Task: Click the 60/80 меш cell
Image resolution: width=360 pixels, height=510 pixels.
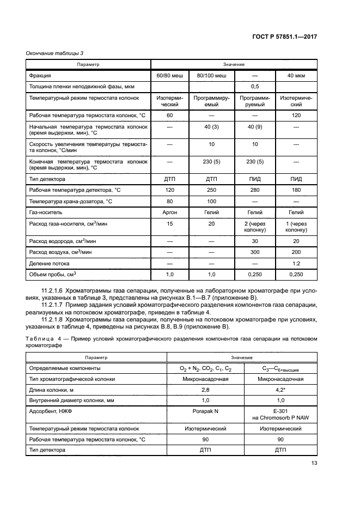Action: [x=169, y=75]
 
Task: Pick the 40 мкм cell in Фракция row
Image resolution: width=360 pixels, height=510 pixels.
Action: [x=296, y=75]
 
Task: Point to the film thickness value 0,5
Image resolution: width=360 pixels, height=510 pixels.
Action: [x=254, y=87]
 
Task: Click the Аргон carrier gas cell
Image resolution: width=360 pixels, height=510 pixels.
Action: [x=169, y=212]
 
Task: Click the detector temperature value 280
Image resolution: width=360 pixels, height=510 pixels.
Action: [x=254, y=190]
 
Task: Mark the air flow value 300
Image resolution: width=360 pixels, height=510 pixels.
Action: [x=254, y=251]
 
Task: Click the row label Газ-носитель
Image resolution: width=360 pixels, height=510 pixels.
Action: [x=46, y=212]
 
